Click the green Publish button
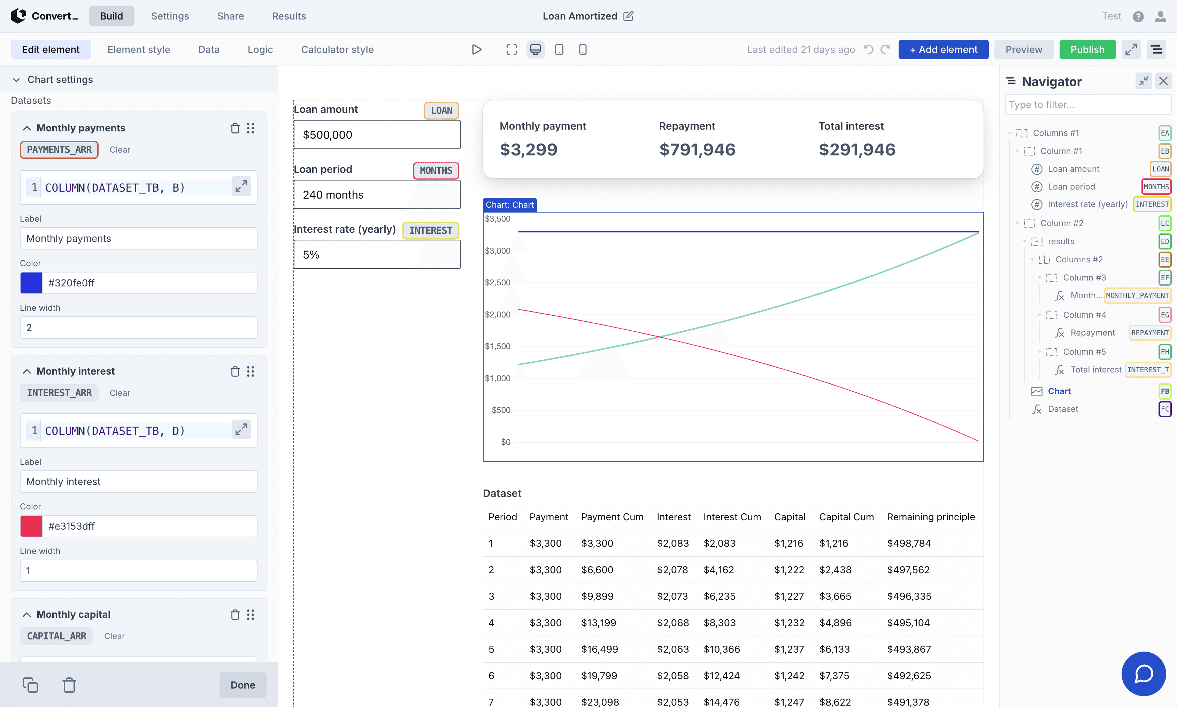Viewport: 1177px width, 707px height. pyautogui.click(x=1087, y=49)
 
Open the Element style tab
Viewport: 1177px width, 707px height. pyautogui.click(x=139, y=49)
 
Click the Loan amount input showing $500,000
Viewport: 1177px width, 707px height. pyautogui.click(x=376, y=135)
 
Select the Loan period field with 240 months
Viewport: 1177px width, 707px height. pyautogui.click(x=376, y=195)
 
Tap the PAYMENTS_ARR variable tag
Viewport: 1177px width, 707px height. pyautogui.click(x=59, y=149)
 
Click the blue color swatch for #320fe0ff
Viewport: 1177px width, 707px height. pyautogui.click(x=31, y=283)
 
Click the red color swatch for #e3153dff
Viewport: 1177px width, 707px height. pyautogui.click(x=31, y=526)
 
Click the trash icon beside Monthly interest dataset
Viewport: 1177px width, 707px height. pyautogui.click(x=235, y=371)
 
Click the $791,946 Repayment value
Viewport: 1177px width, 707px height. pyautogui.click(x=697, y=149)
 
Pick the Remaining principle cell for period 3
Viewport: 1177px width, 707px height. pyautogui.click(x=909, y=596)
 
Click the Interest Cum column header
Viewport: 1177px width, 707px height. pyautogui.click(x=732, y=517)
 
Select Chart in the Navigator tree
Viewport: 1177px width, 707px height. pyautogui.click(x=1059, y=391)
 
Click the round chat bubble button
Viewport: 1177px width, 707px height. pyautogui.click(x=1143, y=674)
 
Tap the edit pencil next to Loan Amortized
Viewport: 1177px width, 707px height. pyautogui.click(x=628, y=16)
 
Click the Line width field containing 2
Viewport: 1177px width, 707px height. pyautogui.click(x=138, y=328)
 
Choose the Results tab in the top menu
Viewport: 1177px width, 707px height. pyautogui.click(x=289, y=16)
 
